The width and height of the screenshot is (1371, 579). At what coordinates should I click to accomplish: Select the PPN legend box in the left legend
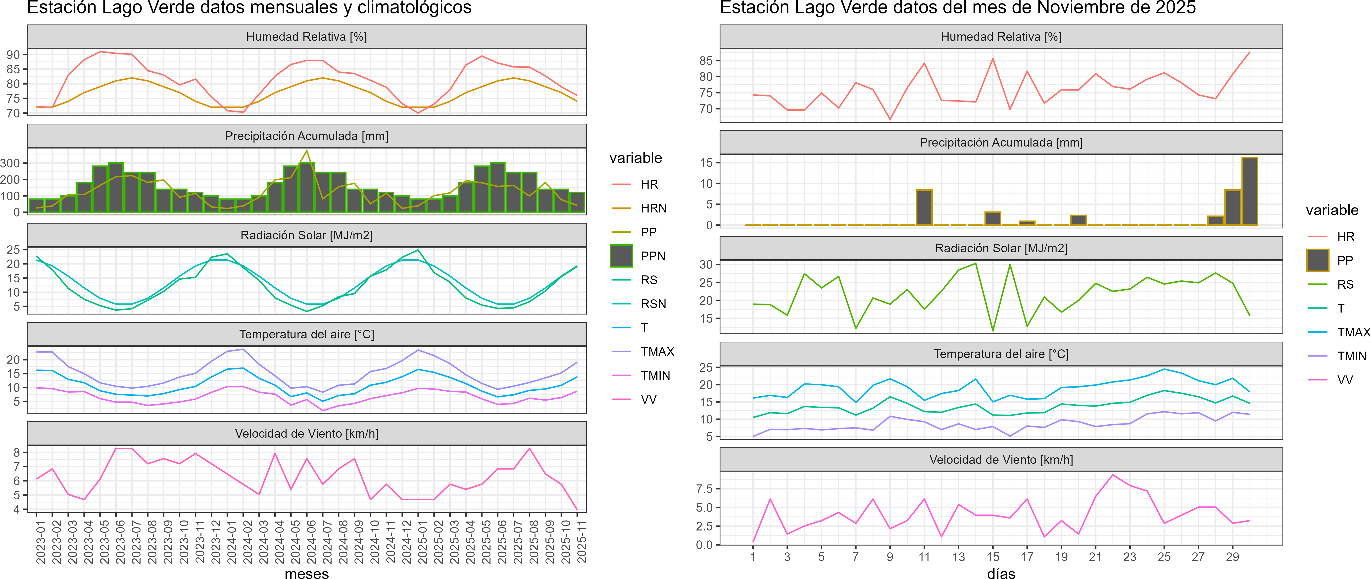click(621, 256)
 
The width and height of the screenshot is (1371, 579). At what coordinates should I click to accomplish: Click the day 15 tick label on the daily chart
click(993, 557)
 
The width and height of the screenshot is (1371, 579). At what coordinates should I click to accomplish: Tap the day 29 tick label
click(1232, 557)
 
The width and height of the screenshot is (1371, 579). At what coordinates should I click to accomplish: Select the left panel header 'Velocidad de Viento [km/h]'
click(306, 434)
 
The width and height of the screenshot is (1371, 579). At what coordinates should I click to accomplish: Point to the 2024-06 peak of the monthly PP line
click(306, 151)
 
